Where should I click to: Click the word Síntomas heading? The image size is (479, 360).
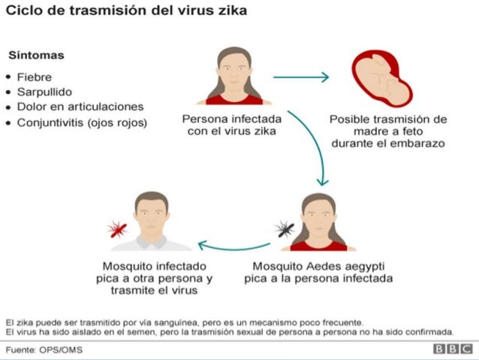(x=35, y=56)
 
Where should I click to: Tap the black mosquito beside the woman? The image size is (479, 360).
(x=284, y=227)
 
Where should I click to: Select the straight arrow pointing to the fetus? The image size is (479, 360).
(x=300, y=76)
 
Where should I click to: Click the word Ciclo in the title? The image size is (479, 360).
(x=23, y=13)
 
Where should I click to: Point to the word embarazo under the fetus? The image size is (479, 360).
(x=414, y=142)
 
